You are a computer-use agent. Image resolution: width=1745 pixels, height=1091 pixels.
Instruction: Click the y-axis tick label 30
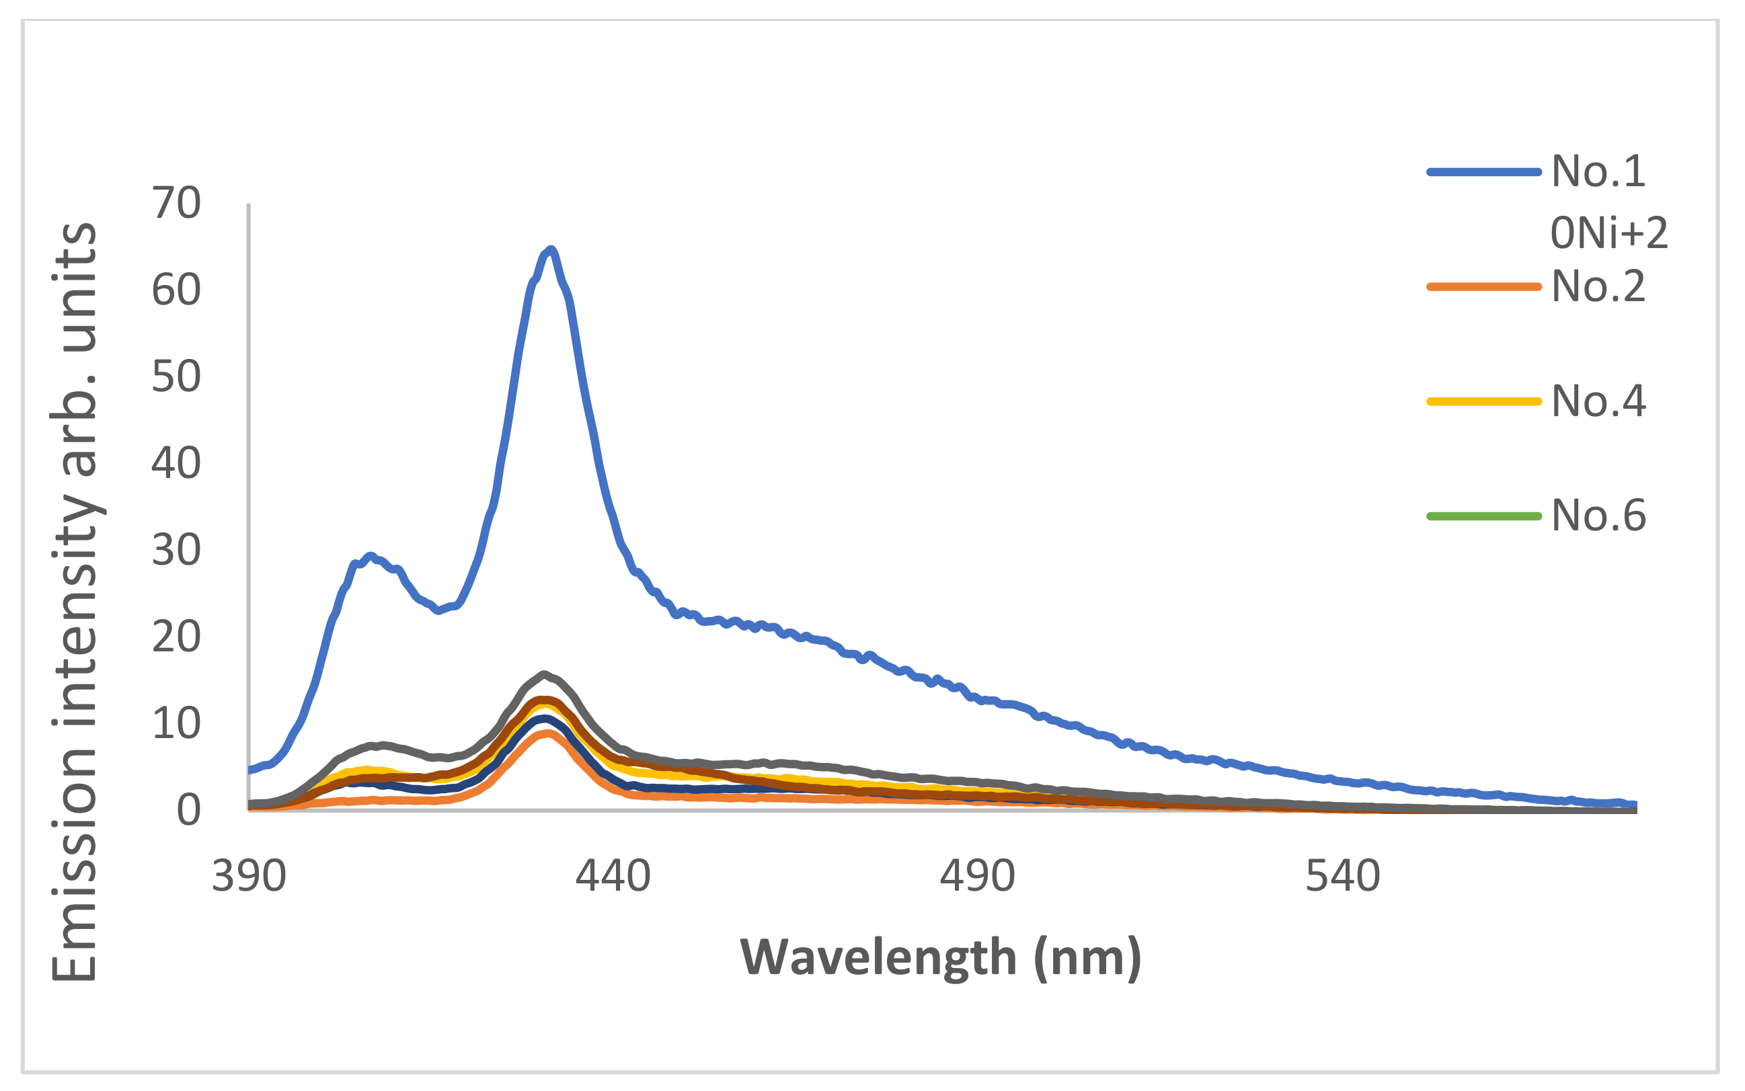click(x=176, y=550)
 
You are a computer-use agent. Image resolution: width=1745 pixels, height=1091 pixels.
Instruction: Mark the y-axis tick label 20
click(x=176, y=637)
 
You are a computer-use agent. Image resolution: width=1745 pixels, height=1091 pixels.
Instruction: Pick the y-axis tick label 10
click(x=176, y=723)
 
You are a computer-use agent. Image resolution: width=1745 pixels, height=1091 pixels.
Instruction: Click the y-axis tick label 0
click(x=188, y=809)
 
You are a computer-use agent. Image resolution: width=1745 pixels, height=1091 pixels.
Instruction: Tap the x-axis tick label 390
click(x=249, y=876)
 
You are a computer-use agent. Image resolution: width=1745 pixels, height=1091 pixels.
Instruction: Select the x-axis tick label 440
click(x=613, y=876)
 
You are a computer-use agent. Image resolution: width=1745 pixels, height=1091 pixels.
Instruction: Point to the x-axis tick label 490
click(x=978, y=876)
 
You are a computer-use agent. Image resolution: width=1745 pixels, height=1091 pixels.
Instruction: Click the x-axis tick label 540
click(x=1343, y=876)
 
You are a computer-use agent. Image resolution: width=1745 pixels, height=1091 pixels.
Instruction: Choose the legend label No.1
click(x=1598, y=171)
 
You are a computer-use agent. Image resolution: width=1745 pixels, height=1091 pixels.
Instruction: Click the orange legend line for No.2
click(x=1484, y=286)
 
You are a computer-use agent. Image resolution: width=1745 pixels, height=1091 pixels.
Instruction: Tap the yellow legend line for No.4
click(x=1484, y=401)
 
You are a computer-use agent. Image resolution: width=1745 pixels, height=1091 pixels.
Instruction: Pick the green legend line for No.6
click(x=1484, y=516)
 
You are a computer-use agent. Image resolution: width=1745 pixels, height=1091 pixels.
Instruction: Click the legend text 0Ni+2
click(x=1609, y=233)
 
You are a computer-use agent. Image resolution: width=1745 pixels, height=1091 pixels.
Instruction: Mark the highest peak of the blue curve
click(x=551, y=249)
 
